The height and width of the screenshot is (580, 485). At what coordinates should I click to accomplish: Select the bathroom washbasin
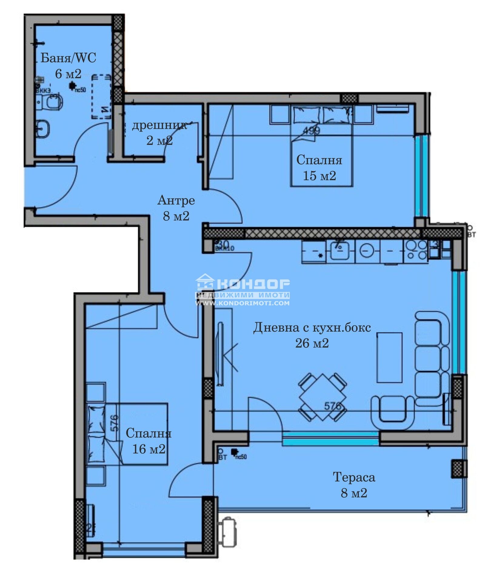(x=42, y=129)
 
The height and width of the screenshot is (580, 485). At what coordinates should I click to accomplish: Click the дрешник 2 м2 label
(x=159, y=133)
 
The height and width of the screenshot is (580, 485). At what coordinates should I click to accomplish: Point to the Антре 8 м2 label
(x=176, y=208)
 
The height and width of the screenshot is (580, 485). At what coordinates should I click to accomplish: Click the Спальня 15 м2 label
(x=319, y=167)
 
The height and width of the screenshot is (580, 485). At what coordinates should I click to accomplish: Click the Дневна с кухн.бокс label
(x=312, y=328)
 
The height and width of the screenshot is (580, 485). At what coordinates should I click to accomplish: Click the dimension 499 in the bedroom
(x=311, y=131)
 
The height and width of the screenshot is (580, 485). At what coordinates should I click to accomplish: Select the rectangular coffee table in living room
(x=389, y=357)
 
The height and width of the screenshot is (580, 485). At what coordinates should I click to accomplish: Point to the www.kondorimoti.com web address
(x=242, y=303)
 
